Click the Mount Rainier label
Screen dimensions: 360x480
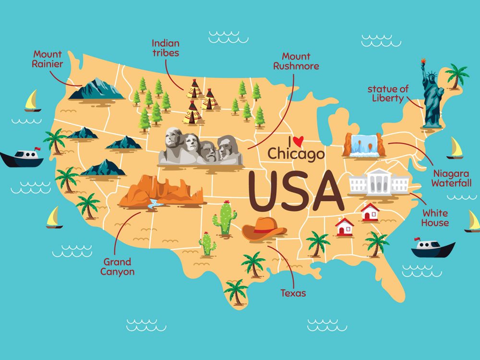[48, 59]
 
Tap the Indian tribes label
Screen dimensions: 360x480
[165, 48]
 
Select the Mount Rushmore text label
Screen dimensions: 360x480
[296, 61]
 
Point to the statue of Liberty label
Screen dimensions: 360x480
[388, 94]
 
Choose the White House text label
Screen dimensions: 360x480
[435, 218]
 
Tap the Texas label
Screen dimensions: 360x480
[293, 293]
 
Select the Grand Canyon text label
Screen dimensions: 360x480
[117, 267]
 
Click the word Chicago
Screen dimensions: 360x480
[296, 154]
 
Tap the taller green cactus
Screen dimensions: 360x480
[225, 218]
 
